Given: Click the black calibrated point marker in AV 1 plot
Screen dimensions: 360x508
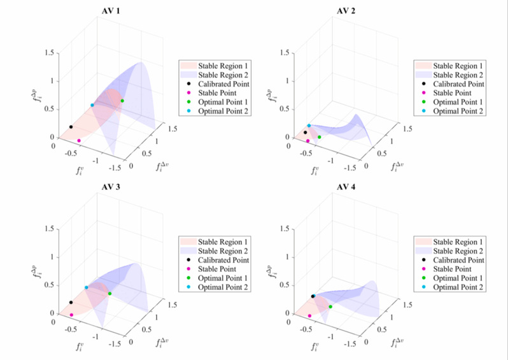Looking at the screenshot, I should click(x=71, y=127).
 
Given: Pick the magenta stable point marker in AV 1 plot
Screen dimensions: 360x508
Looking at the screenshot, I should click(x=79, y=141).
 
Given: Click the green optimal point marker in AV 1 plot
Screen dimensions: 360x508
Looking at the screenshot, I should click(x=122, y=101).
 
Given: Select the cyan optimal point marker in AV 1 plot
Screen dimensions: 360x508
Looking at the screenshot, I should click(x=92, y=105).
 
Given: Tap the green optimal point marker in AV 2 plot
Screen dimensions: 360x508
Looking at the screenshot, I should click(x=320, y=137).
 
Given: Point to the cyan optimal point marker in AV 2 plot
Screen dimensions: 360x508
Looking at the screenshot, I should click(x=309, y=126).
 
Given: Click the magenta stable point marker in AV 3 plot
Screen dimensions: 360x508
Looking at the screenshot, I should click(x=71, y=315).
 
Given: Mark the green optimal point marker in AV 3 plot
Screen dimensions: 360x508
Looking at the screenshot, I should click(x=109, y=293).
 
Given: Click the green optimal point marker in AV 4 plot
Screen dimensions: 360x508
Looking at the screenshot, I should click(x=330, y=307).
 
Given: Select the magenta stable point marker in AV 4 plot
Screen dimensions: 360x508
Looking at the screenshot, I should click(x=309, y=315).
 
